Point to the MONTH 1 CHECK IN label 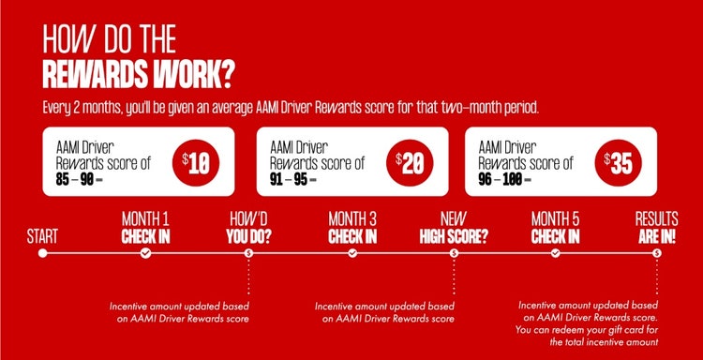pyautogui.click(x=145, y=227)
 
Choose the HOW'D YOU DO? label pyautogui.click(x=248, y=227)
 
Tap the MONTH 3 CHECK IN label pyautogui.click(x=352, y=227)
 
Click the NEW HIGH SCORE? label pyautogui.click(x=454, y=227)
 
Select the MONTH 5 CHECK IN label pyautogui.click(x=555, y=227)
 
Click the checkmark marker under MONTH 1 pyautogui.click(x=145, y=252)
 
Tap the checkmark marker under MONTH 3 pyautogui.click(x=352, y=252)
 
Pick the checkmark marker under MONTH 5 pyautogui.click(x=555, y=252)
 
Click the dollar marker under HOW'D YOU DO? pyautogui.click(x=248, y=252)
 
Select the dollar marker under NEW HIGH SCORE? pyautogui.click(x=454, y=252)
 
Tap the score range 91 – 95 pyautogui.click(x=291, y=177)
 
